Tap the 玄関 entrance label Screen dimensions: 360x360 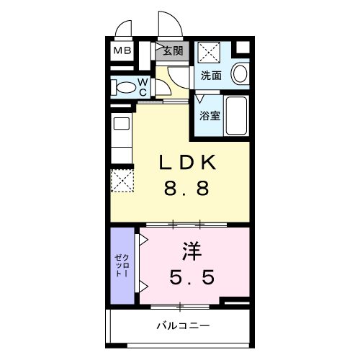pos(172,50)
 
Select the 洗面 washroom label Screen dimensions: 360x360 pos(211,76)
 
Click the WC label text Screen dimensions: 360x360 pos(143,87)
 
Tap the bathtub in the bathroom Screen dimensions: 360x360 pos(236,115)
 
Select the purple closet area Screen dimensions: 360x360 pos(122,265)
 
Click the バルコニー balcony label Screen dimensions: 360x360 pos(183,326)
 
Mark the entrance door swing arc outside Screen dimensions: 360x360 pos(168,26)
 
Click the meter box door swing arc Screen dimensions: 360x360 pos(124,30)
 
